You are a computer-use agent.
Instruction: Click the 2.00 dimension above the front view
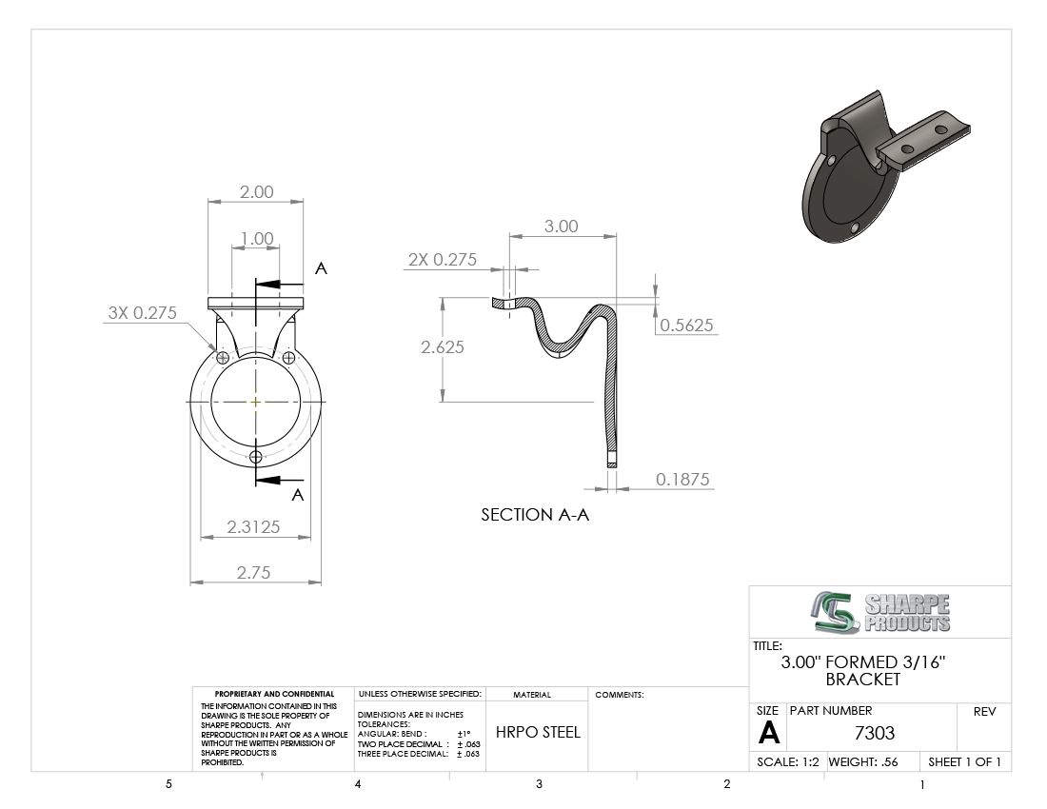pos(256,192)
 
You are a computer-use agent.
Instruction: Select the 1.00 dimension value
pos(257,239)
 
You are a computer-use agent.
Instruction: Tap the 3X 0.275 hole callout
pos(142,312)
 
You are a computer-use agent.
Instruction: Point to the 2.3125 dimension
pos(253,526)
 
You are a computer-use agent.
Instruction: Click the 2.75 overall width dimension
pos(254,573)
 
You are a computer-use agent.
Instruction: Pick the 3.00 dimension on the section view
pos(561,227)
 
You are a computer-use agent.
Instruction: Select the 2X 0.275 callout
pos(443,260)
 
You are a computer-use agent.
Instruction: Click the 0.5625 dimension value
pos(686,326)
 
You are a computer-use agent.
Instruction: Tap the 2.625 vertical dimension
pos(442,347)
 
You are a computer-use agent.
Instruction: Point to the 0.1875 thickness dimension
pos(682,480)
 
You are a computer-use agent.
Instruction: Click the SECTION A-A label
pos(535,515)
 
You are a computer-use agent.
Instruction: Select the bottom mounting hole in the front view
pos(256,457)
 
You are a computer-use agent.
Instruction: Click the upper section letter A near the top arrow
pos(321,268)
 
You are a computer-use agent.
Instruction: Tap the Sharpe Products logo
pos(880,612)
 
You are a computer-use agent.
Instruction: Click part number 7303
pos(874,733)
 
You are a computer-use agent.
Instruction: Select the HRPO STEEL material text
pos(538,732)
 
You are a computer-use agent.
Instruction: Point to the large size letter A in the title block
pos(768,733)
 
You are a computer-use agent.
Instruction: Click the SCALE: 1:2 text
pos(788,761)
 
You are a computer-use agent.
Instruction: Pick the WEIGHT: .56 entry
pos(863,761)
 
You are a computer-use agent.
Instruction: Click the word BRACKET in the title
pos(863,680)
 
